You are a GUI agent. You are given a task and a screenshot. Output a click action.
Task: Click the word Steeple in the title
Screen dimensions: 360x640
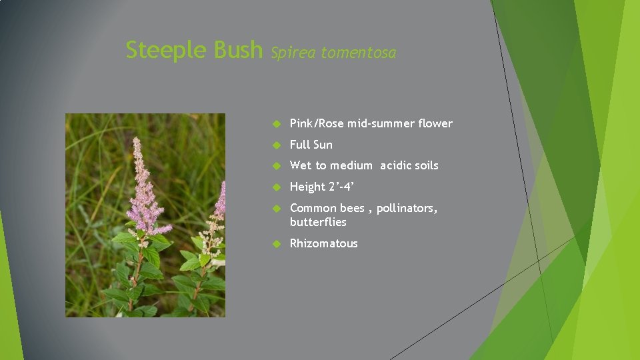coord(167,50)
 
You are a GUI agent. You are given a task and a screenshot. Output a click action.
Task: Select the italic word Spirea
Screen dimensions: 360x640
coord(293,53)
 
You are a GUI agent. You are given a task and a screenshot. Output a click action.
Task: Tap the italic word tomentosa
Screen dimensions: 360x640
coord(358,53)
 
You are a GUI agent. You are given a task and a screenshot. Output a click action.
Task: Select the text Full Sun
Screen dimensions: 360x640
coord(311,145)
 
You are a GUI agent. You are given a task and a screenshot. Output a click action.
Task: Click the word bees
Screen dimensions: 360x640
coord(353,208)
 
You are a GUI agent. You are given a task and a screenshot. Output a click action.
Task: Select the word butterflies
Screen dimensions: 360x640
coord(318,222)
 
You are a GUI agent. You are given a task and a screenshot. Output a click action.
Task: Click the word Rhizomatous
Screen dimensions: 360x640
coord(323,243)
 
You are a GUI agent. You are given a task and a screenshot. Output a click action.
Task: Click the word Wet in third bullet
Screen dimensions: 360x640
coord(300,165)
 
